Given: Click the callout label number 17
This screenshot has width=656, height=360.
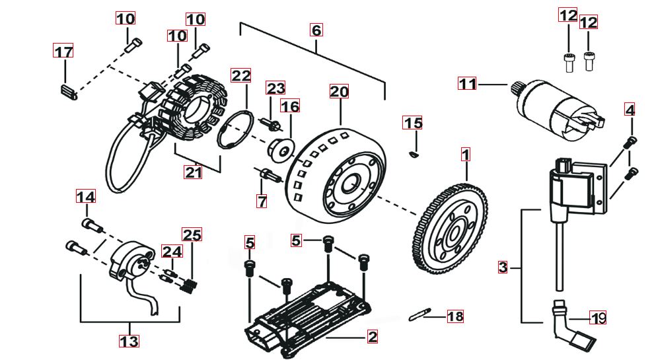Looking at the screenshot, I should pyautogui.click(x=63, y=52).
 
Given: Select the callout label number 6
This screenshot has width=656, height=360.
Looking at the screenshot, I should pyautogui.click(x=316, y=30).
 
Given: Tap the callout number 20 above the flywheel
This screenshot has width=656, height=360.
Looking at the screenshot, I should pyautogui.click(x=339, y=92).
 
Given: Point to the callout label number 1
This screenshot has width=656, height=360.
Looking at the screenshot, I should pyautogui.click(x=466, y=155).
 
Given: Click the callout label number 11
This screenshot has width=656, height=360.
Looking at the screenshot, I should pyautogui.click(x=468, y=84).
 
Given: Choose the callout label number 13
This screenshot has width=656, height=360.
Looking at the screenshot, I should pyautogui.click(x=129, y=341).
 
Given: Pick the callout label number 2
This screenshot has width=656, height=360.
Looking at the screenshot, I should pyautogui.click(x=373, y=337).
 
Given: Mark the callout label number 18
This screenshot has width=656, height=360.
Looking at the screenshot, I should pyautogui.click(x=456, y=316).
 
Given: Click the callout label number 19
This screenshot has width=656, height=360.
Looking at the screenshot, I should pyautogui.click(x=599, y=319).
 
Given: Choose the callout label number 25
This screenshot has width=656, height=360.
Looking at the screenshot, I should pyautogui.click(x=192, y=234).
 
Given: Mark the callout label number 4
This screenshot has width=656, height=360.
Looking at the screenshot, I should pyautogui.click(x=630, y=110).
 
